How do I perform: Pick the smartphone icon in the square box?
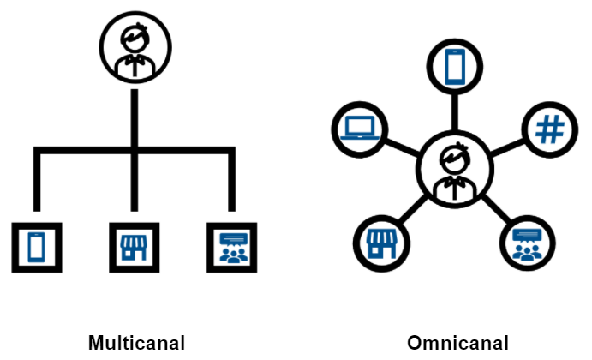(x=35, y=247)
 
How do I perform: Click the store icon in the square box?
(x=134, y=247)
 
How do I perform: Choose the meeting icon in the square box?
(x=232, y=247)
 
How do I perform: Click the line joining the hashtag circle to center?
(x=506, y=145)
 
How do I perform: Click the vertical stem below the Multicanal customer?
(x=135, y=116)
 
